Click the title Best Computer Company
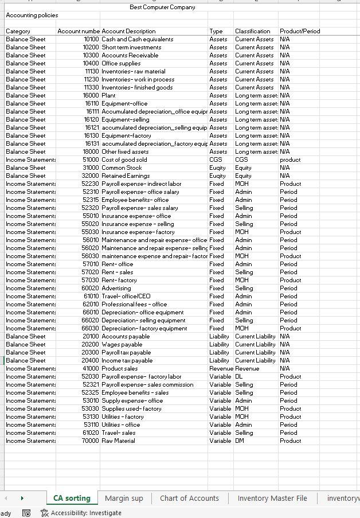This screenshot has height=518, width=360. tap(162, 7)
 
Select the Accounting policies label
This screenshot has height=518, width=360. tap(32, 15)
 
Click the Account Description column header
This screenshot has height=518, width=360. tap(128, 31)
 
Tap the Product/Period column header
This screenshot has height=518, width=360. tap(300, 31)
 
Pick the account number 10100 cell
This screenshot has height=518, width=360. tap(91, 39)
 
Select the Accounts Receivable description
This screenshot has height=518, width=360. tap(130, 55)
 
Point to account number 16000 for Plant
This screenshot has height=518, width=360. tap(91, 95)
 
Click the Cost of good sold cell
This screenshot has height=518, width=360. tap(124, 159)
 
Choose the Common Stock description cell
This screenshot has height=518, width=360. tap(122, 168)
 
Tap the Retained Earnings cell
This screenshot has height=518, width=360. tap(126, 176)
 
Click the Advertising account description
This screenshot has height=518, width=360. tap(116, 288)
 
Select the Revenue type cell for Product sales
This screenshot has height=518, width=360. tap(221, 368)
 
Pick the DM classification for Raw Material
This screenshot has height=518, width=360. tap(240, 441)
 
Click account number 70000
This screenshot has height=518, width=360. tap(91, 441)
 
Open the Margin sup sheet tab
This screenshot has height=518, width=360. tap(124, 498)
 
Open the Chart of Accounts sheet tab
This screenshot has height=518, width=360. tap(189, 498)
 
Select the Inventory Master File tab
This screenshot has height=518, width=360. tap(272, 498)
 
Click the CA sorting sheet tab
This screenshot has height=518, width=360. tap(72, 498)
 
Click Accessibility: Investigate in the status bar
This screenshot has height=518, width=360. tap(85, 513)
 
